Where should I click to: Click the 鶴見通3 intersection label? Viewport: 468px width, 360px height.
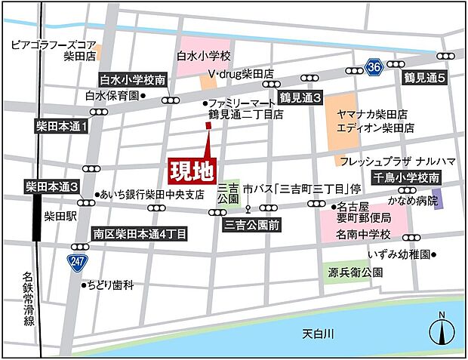[x=300, y=98]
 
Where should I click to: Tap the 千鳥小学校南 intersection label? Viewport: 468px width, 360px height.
[x=407, y=178]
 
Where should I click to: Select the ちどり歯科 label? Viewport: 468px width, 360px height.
[x=112, y=285]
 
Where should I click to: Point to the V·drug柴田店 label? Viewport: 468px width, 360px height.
[x=239, y=75]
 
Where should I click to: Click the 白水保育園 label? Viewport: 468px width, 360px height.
[x=112, y=96]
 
